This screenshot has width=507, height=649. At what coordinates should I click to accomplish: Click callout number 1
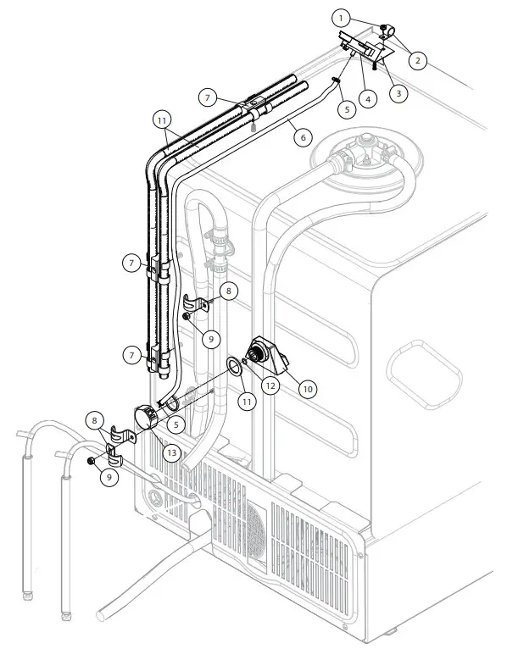pyautogui.click(x=340, y=16)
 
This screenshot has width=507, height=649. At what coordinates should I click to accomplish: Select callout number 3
pyautogui.click(x=395, y=93)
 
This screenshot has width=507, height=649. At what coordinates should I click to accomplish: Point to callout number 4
pyautogui.click(x=367, y=99)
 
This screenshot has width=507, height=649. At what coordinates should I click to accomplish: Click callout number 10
pyautogui.click(x=307, y=387)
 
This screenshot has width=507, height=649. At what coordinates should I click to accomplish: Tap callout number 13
pyautogui.click(x=172, y=454)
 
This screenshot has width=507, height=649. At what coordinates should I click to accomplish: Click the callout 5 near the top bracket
pyautogui.click(x=343, y=108)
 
